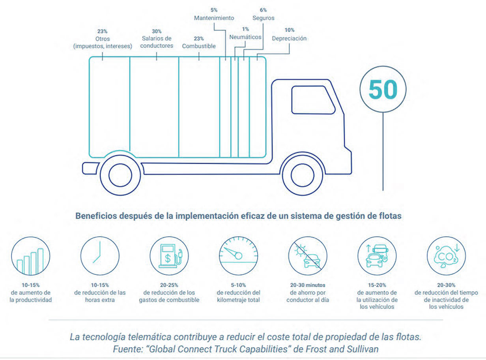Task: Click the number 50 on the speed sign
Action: click(383, 90)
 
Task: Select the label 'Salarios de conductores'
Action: click(157, 42)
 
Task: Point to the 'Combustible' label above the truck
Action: click(199, 46)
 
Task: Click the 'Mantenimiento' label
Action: click(214, 18)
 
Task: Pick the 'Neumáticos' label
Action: click(245, 37)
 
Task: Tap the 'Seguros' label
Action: click(263, 18)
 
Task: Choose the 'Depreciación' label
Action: click(289, 38)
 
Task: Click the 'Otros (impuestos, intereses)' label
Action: click(103, 42)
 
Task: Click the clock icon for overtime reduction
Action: click(100, 256)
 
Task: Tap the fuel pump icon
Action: click(169, 256)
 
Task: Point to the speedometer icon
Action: click(238, 256)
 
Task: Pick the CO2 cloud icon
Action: click(446, 256)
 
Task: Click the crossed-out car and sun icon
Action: click(308, 256)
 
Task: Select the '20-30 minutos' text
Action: click(308, 285)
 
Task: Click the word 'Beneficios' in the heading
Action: click(94, 216)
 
